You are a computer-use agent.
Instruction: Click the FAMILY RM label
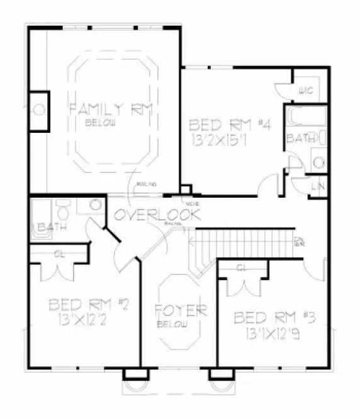111,109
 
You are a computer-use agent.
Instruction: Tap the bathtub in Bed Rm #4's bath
305,117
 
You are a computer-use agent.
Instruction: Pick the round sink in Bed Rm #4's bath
320,163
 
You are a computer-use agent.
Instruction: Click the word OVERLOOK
157,215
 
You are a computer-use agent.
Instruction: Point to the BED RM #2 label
88,306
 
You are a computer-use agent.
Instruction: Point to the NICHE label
188,203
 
